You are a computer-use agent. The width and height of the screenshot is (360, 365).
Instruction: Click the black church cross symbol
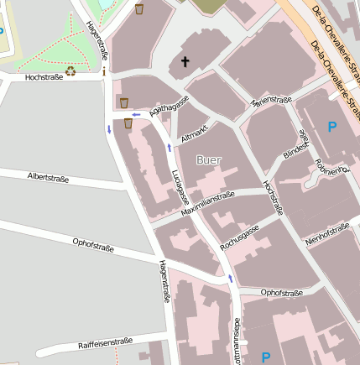coord(185,61)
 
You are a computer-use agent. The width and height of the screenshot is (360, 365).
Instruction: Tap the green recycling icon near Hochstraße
coord(70,71)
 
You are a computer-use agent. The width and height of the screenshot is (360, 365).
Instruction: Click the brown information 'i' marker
coord(103,72)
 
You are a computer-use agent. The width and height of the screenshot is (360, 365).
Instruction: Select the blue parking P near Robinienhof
coord(332,128)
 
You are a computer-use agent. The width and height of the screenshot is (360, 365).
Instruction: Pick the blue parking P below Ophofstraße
coord(266,357)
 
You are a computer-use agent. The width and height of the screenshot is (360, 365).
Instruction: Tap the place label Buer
coord(209,159)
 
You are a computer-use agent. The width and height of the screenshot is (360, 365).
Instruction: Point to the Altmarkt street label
coord(195,130)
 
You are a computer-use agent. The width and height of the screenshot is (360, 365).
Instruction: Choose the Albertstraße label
coord(48,178)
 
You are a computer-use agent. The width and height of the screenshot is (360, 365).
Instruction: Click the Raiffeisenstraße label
coord(106,342)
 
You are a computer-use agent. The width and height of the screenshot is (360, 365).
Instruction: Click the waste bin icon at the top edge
coord(139,9)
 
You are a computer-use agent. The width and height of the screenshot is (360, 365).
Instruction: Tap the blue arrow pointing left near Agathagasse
coord(136,114)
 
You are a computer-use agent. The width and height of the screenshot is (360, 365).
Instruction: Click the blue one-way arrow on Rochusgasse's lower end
coord(231,278)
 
